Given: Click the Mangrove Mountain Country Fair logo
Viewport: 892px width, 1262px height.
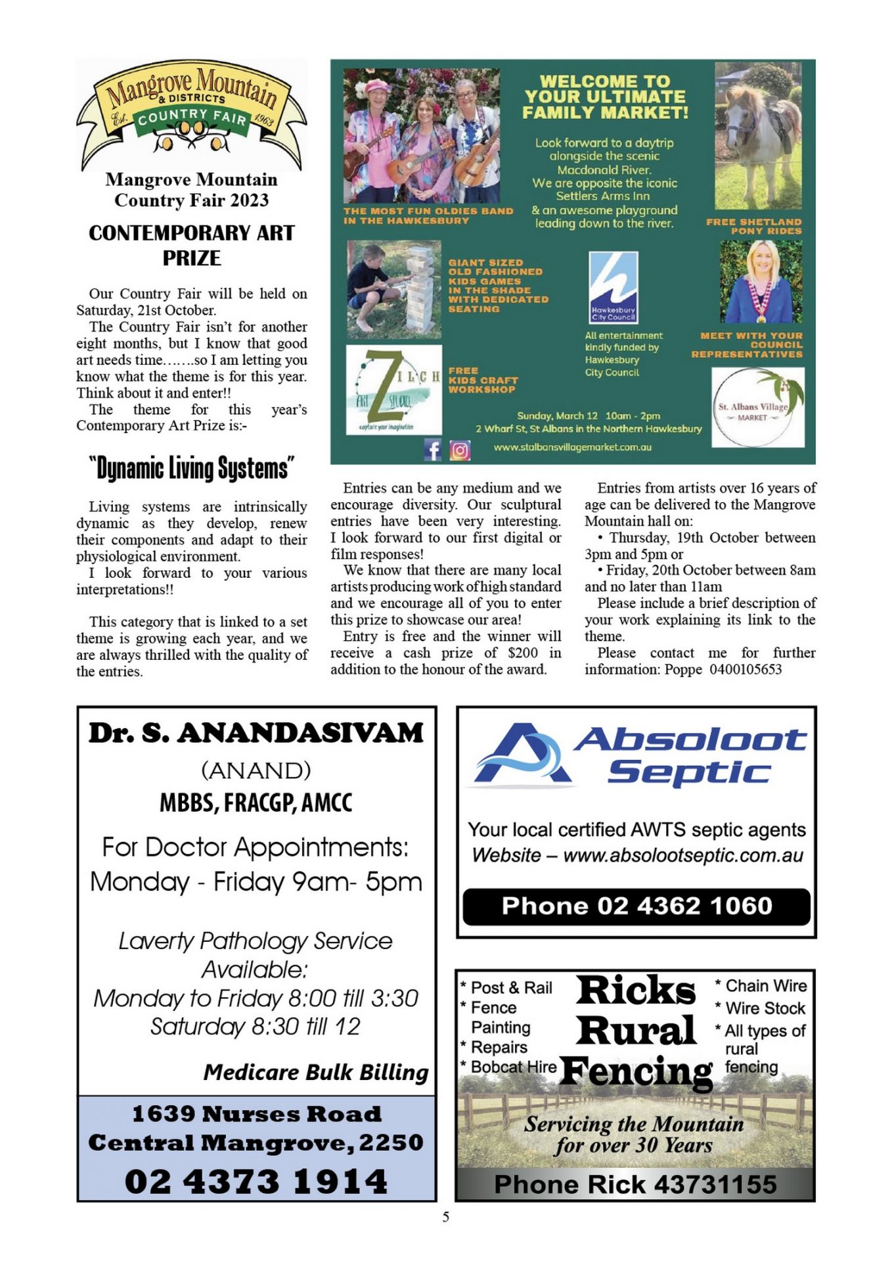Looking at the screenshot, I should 191,114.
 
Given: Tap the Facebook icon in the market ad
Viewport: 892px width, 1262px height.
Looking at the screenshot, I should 433,450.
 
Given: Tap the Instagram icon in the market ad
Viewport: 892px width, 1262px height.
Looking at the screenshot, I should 460,450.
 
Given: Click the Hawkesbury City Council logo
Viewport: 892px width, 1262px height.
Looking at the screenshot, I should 613,287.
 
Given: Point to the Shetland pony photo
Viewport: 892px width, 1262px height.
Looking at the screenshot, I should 758,135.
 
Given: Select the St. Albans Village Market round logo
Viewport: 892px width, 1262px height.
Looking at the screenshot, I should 757,408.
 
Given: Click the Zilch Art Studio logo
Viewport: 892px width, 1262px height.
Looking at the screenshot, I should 393,390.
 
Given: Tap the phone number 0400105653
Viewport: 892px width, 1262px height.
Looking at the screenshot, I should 746,669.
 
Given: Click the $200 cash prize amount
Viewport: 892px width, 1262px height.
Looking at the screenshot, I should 523,653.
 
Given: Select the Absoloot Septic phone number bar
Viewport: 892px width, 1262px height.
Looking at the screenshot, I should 636,906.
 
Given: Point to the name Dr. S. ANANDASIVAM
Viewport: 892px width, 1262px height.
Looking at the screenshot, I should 256,733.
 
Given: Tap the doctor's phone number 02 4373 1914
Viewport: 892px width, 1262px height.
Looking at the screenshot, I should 256,1181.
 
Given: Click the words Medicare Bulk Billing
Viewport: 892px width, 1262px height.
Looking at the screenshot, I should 315,1072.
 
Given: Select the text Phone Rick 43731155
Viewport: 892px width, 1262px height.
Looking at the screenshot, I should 635,1184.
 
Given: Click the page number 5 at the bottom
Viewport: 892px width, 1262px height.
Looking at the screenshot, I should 446,1217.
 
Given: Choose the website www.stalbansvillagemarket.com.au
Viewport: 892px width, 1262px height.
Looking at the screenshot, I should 572,447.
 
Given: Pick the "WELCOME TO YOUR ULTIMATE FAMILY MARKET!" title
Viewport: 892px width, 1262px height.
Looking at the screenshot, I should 605,97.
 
